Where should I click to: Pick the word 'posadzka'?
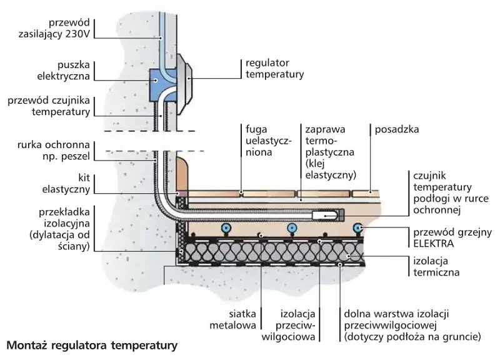click(x=396, y=129)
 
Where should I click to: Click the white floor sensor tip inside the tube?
click(x=327, y=216)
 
